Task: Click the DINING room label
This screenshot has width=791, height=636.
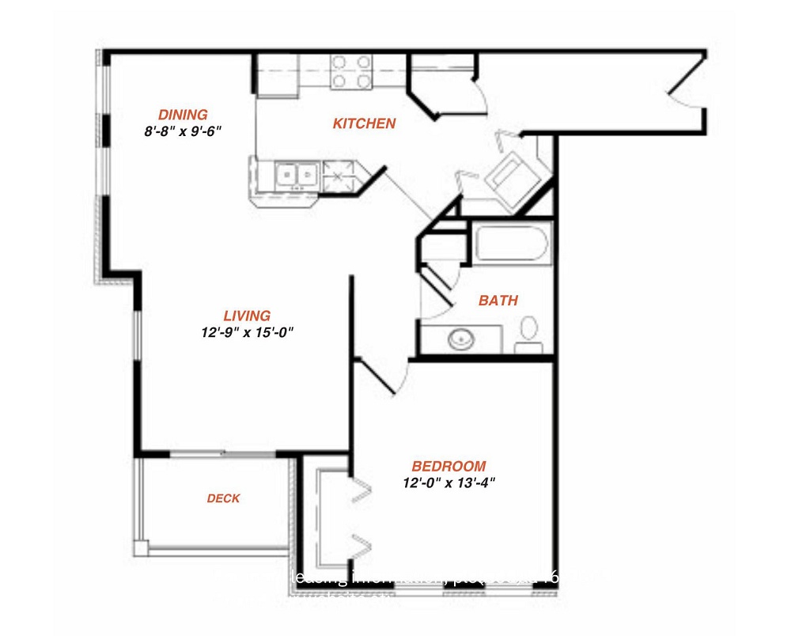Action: pyautogui.click(x=183, y=115)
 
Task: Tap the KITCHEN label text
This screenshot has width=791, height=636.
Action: pyautogui.click(x=364, y=123)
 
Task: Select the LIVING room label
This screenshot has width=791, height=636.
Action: pyautogui.click(x=246, y=316)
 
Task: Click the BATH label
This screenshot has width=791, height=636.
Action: pyautogui.click(x=498, y=301)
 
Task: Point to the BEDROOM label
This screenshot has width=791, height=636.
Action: pyautogui.click(x=448, y=466)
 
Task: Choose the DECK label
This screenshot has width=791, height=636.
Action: pyautogui.click(x=223, y=498)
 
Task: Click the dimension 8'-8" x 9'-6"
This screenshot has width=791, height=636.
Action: pyautogui.click(x=181, y=131)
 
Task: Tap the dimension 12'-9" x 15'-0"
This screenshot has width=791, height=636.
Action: pyautogui.click(x=248, y=333)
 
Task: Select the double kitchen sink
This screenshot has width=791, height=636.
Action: pyautogui.click(x=295, y=173)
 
